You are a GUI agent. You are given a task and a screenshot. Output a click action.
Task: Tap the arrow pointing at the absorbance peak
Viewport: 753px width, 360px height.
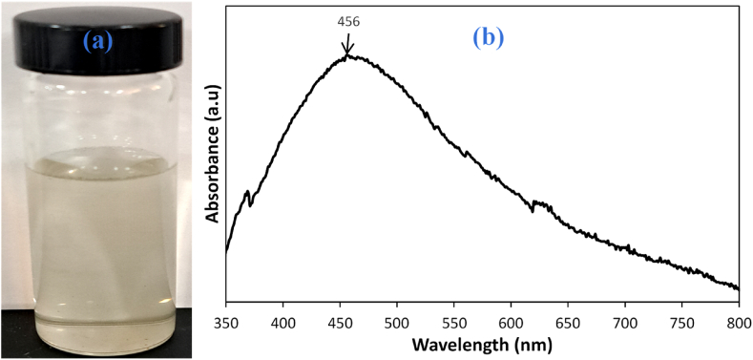[x=347, y=45]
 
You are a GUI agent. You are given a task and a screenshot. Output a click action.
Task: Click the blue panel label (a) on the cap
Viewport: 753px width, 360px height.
[x=102, y=41]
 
